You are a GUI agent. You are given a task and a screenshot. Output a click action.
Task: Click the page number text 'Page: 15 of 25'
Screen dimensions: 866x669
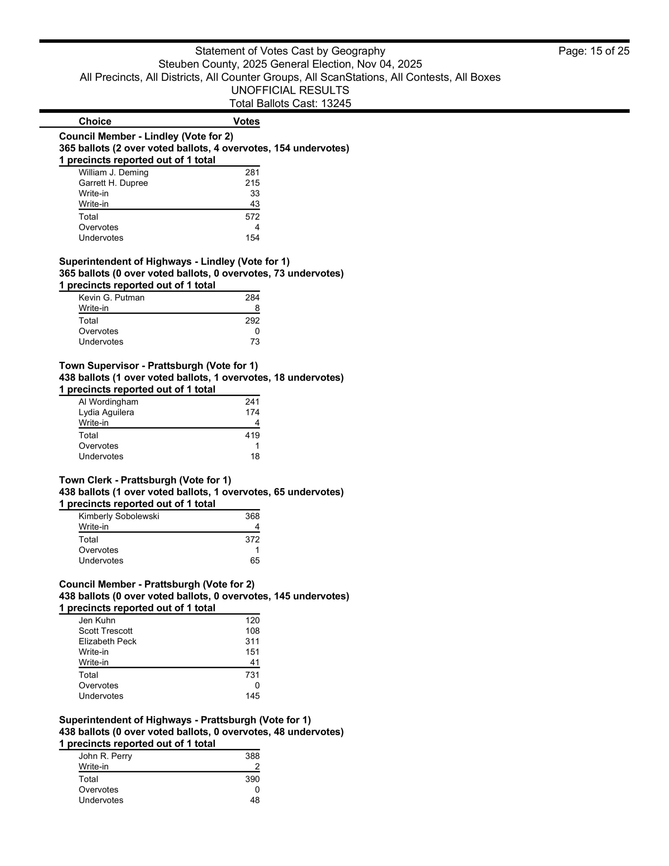[593, 51]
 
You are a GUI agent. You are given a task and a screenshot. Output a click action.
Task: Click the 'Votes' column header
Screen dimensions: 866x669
[246, 121]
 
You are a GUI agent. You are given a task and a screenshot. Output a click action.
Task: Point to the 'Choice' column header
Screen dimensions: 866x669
[95, 121]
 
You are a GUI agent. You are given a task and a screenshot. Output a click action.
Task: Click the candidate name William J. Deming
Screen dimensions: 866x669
[113, 173]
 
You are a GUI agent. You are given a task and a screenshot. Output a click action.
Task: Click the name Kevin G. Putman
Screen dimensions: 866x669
[111, 298]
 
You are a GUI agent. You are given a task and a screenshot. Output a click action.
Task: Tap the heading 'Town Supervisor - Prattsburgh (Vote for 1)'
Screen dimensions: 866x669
[158, 366]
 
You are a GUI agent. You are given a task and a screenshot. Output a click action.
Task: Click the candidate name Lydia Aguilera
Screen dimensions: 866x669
[106, 412]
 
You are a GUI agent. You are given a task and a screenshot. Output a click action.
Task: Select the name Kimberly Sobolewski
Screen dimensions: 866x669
[119, 516]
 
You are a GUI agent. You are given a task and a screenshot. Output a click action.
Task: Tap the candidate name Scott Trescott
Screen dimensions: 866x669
[106, 631]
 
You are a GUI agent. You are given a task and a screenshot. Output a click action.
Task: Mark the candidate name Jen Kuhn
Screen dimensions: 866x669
[97, 621]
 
